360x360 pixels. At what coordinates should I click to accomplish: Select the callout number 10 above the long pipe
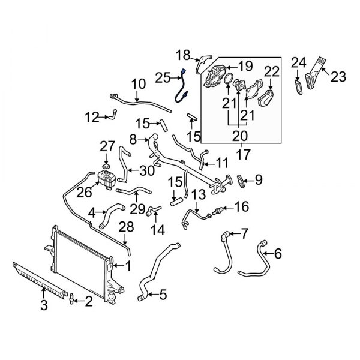138,83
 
